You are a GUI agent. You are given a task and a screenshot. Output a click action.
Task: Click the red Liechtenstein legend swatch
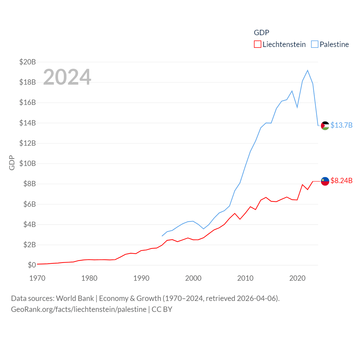pyautogui.click(x=257, y=44)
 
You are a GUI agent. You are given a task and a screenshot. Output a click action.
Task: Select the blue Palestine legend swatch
pyautogui.click(x=315, y=44)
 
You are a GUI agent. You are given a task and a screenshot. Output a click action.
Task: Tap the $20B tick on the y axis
pyautogui.click(x=28, y=62)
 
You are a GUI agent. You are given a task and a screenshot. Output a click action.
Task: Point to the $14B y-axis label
pyautogui.click(x=28, y=123)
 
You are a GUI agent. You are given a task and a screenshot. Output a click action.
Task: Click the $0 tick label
pyautogui.click(x=32, y=265)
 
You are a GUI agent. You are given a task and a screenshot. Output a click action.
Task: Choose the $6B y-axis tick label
pyautogui.click(x=29, y=204)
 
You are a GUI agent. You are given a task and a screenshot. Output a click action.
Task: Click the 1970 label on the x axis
pyautogui.click(x=37, y=278)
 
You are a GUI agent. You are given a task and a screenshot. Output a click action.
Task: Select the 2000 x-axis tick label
pyautogui.click(x=193, y=278)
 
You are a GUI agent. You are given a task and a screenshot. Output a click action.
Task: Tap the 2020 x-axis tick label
pyautogui.click(x=297, y=278)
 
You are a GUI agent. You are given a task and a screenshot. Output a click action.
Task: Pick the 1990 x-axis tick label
pyautogui.click(x=141, y=278)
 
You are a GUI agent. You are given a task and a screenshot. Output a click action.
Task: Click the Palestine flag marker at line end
pyautogui.click(x=325, y=126)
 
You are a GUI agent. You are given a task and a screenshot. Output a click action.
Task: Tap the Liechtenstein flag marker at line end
pyautogui.click(x=325, y=181)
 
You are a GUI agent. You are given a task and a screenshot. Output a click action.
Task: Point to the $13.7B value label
pyautogui.click(x=341, y=125)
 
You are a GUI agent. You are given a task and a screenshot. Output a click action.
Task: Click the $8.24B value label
pyautogui.click(x=341, y=181)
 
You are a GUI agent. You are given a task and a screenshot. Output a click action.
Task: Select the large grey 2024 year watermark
pyautogui.click(x=67, y=77)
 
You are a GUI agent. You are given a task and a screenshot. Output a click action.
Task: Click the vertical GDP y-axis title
pyautogui.click(x=12, y=163)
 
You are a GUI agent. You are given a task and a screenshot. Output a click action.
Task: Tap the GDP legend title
pyautogui.click(x=262, y=33)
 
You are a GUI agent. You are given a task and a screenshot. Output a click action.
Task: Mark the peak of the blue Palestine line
pyautogui.click(x=308, y=70)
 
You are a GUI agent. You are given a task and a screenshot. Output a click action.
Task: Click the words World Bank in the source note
pyautogui.click(x=75, y=298)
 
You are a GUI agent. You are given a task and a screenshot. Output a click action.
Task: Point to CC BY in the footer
pyautogui.click(x=162, y=309)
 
